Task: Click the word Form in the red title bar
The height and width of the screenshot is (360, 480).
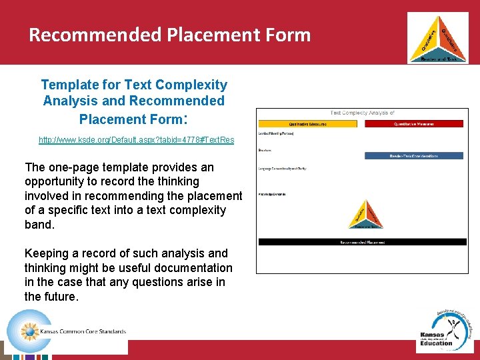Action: coord(287,34)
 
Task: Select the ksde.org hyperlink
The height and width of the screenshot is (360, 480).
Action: coord(137,140)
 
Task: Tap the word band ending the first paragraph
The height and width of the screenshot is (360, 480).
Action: coord(39,225)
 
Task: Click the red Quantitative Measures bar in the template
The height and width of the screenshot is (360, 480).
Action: coord(414,123)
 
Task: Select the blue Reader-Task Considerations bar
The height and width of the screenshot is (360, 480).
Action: coord(414,156)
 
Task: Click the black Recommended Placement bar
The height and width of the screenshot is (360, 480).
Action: coord(363,242)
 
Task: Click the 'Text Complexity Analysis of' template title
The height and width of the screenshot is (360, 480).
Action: coord(363,113)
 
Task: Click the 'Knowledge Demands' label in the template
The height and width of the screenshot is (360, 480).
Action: coord(273,194)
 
